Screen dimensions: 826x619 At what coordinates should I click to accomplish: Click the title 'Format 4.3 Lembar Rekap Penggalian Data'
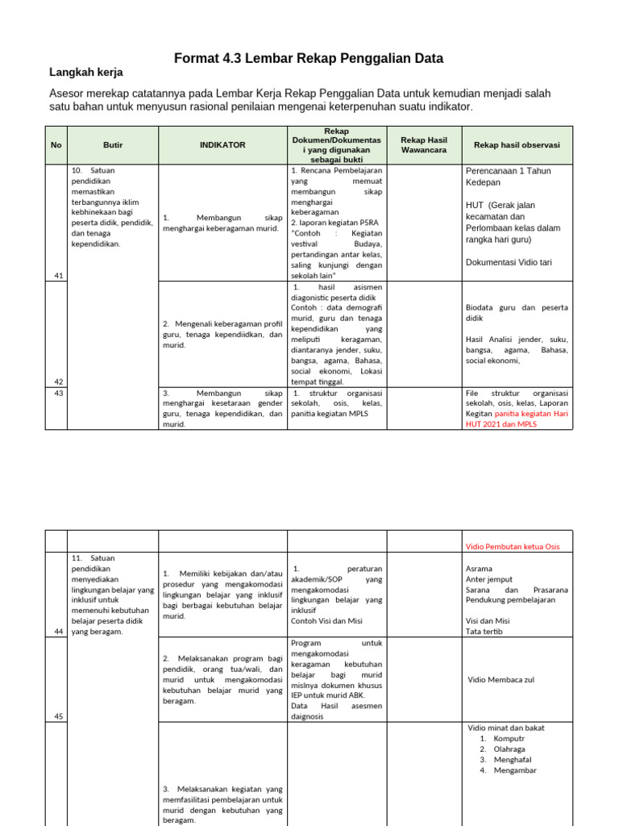tap(309, 59)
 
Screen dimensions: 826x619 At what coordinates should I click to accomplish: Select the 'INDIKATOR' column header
tap(222, 145)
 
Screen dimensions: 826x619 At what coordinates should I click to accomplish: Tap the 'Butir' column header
tap(113, 145)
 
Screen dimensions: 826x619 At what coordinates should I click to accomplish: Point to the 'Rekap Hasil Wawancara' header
tap(424, 145)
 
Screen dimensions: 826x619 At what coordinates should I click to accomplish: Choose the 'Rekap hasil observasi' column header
tap(517, 145)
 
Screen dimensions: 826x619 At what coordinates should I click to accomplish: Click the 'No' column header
tap(56, 145)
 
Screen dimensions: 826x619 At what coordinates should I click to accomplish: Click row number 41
tap(58, 276)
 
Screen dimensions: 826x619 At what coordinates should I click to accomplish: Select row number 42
tap(58, 382)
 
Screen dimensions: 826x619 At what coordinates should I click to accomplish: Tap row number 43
tap(58, 393)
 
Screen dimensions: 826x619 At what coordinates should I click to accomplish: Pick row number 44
tap(58, 631)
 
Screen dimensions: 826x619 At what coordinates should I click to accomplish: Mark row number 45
tap(58, 716)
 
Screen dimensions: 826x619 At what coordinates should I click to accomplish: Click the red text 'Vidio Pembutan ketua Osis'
tap(513, 547)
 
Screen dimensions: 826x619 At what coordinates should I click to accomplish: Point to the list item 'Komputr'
tap(509, 738)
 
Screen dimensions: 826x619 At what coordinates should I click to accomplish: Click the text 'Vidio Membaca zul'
tap(501, 680)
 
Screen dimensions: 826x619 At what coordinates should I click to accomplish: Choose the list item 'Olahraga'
tap(510, 749)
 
